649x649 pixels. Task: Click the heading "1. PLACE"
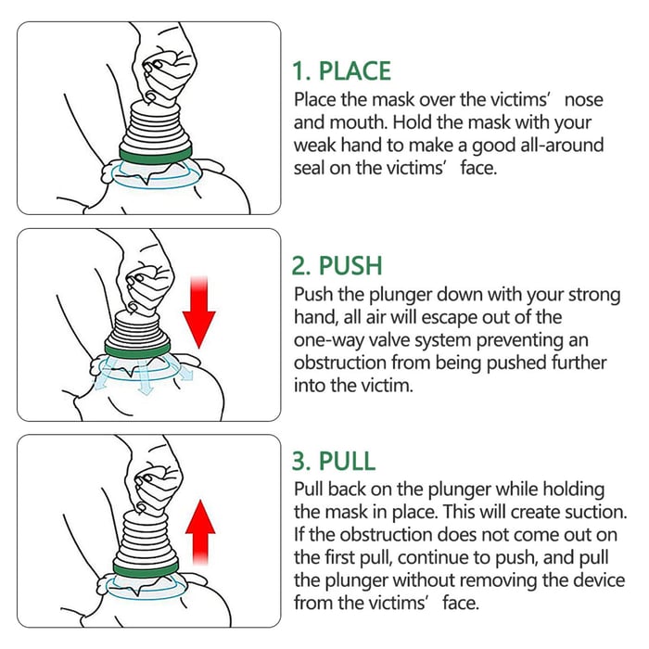[341, 71]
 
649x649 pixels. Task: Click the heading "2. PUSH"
[337, 266]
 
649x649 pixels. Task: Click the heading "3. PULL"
[337, 461]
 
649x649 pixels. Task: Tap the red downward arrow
[198, 311]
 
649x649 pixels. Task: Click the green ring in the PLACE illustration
[156, 151]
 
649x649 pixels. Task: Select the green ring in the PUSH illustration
[144, 350]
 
